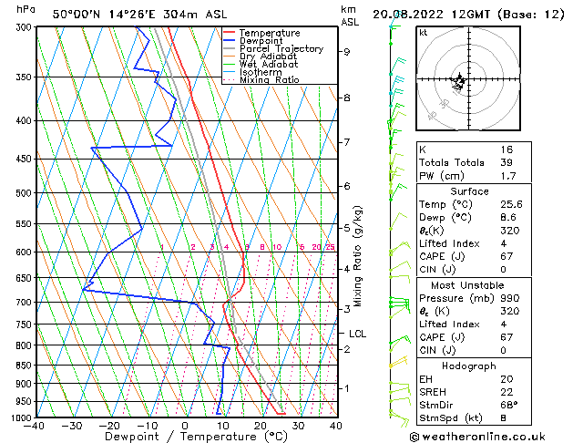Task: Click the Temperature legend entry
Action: coord(271,33)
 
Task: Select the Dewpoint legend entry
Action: coord(265,41)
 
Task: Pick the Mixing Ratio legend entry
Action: coord(270,80)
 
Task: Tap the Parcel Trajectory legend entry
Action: coord(281,49)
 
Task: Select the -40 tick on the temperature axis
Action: coord(36,425)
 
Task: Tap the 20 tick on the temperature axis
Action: coord(260,425)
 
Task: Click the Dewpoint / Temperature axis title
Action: coord(186,437)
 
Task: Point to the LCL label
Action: coord(357,334)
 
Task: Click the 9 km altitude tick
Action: coord(346,52)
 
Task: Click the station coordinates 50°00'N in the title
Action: coord(75,14)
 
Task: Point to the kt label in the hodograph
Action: coord(424,33)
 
